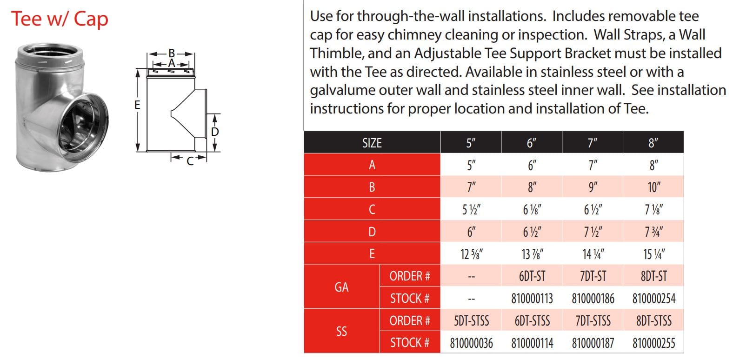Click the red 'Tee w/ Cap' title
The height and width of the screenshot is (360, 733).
(60, 19)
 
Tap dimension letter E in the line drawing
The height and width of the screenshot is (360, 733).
(138, 105)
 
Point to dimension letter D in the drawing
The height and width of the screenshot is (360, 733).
(215, 132)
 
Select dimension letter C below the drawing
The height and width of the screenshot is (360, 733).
(190, 161)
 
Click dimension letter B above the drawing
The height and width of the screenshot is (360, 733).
(172, 53)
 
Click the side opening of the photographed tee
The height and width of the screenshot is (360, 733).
(84, 124)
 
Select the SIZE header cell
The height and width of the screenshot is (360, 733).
(372, 143)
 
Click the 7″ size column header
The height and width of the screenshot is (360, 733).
(593, 143)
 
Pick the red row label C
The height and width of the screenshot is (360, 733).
(372, 209)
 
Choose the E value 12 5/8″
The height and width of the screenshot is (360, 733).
(472, 254)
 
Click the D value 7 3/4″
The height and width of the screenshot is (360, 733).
(654, 232)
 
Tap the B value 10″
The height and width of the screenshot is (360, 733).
(654, 187)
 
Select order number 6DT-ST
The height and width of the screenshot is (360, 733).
(532, 276)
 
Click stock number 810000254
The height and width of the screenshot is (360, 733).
(654, 299)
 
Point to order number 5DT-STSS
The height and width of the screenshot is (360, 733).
(472, 321)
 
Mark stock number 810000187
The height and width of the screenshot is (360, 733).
(593, 343)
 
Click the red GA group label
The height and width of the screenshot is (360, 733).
(342, 287)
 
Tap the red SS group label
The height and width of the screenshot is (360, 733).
(342, 332)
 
